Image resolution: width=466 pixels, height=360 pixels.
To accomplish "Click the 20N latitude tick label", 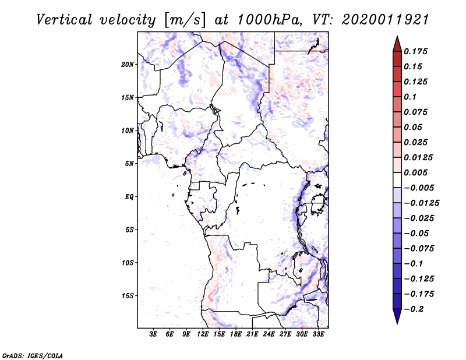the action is (127, 65).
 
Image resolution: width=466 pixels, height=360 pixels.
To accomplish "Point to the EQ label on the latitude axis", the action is (129, 197).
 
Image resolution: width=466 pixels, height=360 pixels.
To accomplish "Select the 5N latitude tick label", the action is (129, 164).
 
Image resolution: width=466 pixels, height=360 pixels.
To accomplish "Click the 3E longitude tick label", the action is (153, 334).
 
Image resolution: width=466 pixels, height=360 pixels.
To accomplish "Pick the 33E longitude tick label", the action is (318, 334).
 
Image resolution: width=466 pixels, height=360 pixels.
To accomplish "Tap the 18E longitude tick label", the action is (236, 334).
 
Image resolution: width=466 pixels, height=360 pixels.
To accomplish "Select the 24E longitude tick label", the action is (269, 334).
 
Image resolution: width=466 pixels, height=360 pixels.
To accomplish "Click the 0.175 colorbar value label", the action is (415, 51).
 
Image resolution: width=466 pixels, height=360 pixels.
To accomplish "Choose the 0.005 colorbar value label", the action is (415, 172).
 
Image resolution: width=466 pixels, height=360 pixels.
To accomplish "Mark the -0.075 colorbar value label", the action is (419, 249).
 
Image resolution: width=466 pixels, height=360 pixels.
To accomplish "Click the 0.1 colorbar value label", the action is (410, 97).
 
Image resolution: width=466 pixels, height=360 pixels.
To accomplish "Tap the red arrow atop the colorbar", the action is (397, 44).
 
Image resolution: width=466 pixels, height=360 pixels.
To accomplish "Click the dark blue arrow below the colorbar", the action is (397, 316).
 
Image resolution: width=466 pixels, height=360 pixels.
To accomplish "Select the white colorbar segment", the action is (397, 180).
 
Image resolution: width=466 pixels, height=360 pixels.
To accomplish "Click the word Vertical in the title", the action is (64, 20).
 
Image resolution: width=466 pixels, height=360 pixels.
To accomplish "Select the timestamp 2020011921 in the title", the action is (386, 20).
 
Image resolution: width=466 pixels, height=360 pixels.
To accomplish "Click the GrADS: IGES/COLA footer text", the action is (33, 355).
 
